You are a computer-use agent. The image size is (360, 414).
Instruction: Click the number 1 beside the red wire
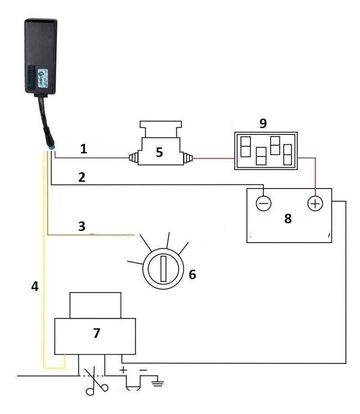point(83,149)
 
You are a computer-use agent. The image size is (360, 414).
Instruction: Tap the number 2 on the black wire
point(82,177)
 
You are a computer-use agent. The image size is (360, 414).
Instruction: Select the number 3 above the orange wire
point(82,226)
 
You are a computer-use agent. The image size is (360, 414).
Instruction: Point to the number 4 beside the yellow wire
point(35,286)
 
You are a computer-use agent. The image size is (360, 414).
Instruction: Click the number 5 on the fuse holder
point(159,152)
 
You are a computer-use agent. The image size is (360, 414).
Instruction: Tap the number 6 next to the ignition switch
point(192,274)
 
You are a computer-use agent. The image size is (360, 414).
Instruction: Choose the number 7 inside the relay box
point(96,333)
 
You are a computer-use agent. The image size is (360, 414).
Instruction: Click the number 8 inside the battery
point(288,219)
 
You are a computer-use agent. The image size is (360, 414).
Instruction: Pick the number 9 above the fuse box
point(263,123)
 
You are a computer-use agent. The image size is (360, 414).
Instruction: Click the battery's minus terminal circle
point(263,204)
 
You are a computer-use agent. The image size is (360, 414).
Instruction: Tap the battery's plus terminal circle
point(315,204)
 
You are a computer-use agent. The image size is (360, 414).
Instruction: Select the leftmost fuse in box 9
point(246,146)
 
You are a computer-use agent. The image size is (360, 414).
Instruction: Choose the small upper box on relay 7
point(95,305)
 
